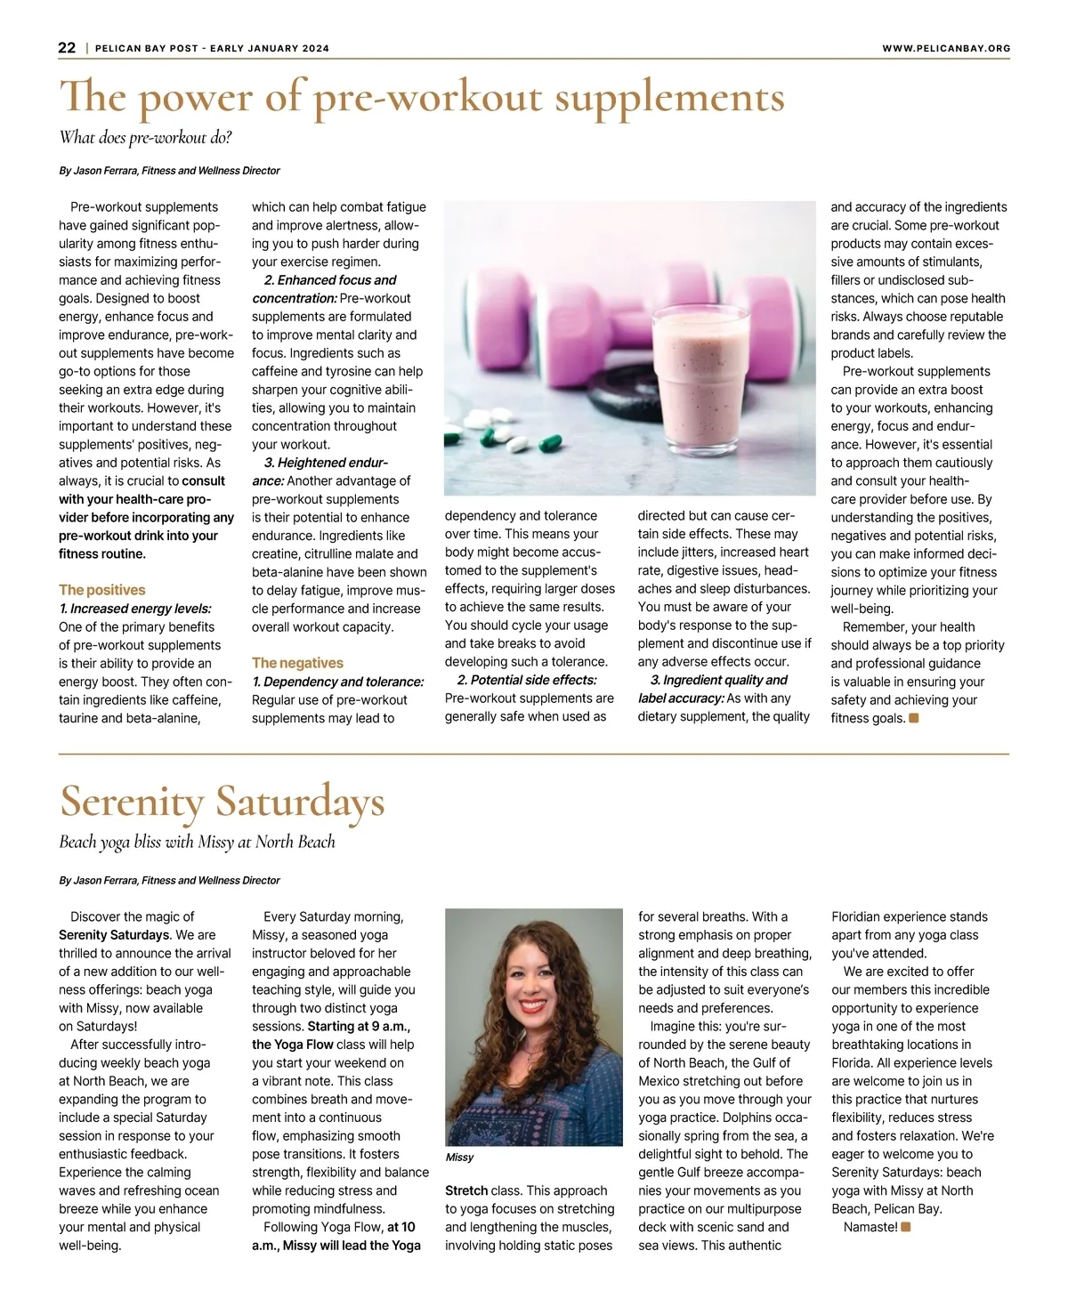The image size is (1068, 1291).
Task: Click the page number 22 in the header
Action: point(67,48)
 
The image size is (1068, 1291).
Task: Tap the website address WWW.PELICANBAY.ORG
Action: point(946,48)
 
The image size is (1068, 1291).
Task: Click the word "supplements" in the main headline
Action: point(669,98)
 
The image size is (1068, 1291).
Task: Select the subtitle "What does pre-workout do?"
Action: point(145,138)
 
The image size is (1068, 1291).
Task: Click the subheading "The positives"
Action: point(101,590)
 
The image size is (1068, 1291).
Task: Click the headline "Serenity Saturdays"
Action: point(222,802)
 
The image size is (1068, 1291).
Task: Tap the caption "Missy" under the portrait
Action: point(459,1158)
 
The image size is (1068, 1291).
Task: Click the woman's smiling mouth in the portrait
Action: point(533,1006)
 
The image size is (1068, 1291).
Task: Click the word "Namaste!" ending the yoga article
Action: point(870,1228)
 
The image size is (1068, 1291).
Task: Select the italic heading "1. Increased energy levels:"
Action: point(135,609)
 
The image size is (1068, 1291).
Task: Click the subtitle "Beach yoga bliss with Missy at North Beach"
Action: point(197,842)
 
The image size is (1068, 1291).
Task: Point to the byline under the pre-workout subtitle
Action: point(169,171)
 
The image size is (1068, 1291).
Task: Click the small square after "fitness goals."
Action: point(914,718)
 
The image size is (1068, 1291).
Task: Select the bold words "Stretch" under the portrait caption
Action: point(466,1191)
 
